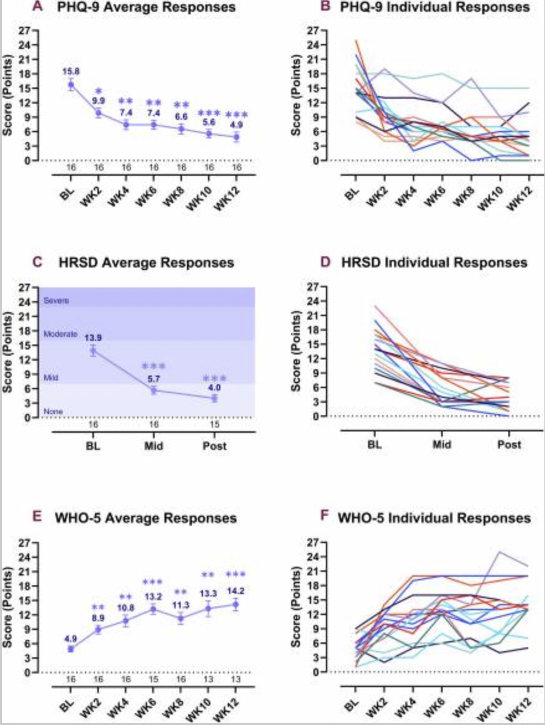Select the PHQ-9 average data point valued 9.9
point(98,113)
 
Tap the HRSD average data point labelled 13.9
point(93,351)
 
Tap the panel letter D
point(325,263)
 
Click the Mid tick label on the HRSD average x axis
point(153,446)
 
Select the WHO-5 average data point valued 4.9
point(71,649)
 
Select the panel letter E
point(37,517)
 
